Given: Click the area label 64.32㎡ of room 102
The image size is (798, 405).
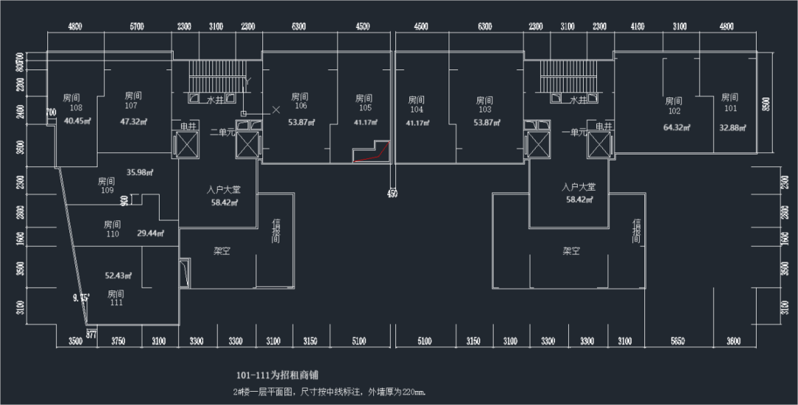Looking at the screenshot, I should coord(675,127).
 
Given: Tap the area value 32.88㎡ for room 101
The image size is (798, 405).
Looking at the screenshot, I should coord(731,127).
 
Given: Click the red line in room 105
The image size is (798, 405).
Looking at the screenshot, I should coord(369,156).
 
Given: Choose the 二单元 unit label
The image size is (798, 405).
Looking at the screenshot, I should coord(222,132).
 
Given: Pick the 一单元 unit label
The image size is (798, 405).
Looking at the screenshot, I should coord(573,132).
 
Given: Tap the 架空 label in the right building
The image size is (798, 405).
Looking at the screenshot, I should coord(571,251).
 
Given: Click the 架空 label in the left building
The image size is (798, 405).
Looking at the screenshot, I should coord(222,251).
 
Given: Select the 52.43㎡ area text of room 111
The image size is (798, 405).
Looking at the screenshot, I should coord(117,276).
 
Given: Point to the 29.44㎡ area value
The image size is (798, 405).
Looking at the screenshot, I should coord(150,233).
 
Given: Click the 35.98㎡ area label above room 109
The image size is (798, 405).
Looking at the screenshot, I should coord(140,172).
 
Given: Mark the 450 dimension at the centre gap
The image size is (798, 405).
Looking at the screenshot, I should coord(392,194).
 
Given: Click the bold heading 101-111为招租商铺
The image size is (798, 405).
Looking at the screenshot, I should coord(277,375).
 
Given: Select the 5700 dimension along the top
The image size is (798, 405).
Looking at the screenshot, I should coord(137,27).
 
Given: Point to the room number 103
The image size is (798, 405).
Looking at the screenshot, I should coord(484,109).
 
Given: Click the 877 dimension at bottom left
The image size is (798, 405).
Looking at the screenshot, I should coord(91,334).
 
